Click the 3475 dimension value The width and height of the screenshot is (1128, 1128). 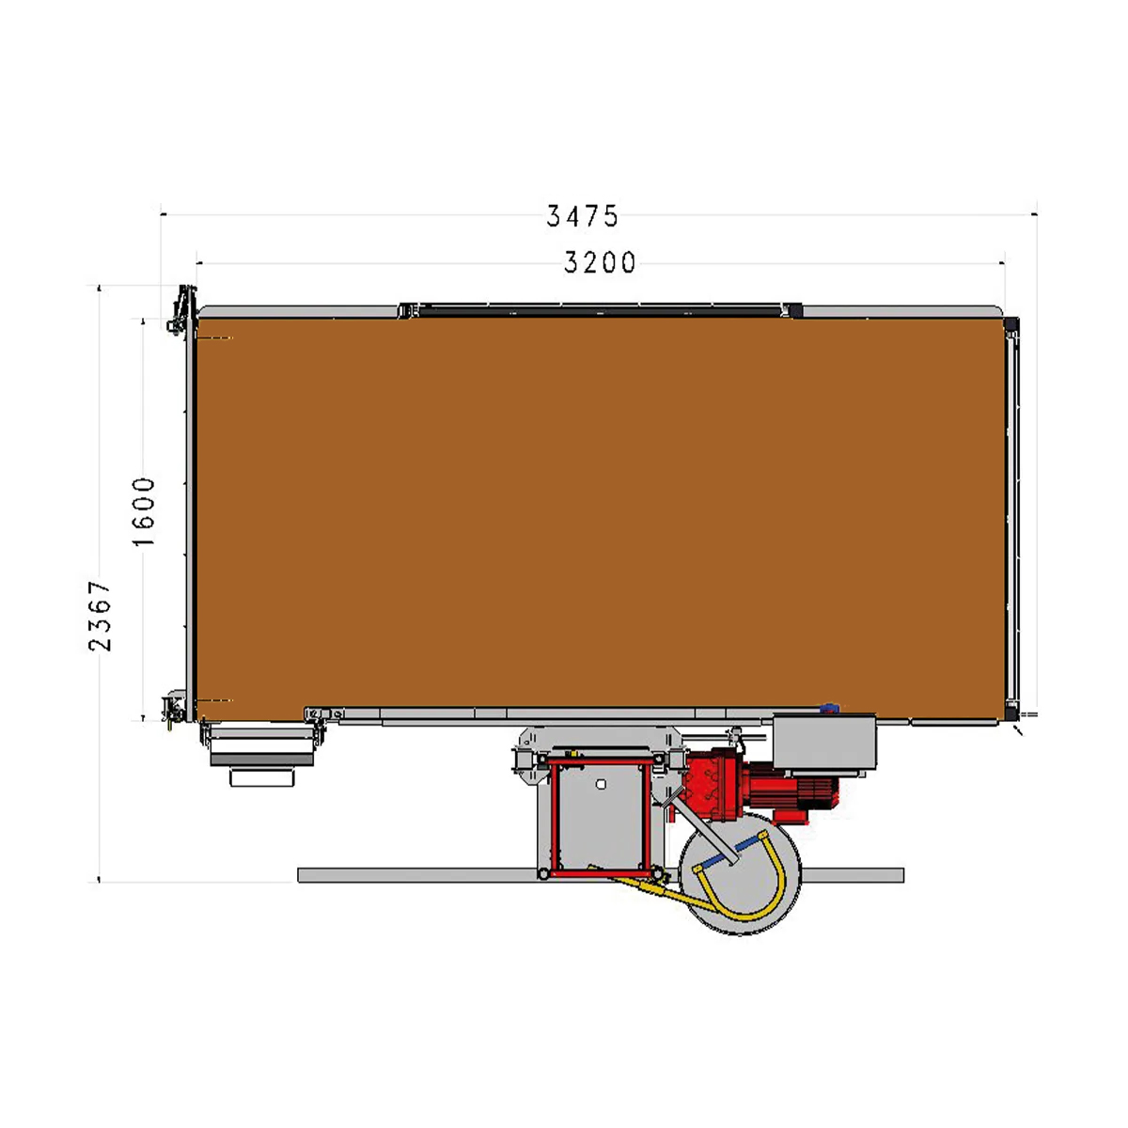[x=582, y=216]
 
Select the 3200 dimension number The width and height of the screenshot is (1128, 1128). [x=600, y=263]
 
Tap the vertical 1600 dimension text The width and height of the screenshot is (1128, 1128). [x=144, y=511]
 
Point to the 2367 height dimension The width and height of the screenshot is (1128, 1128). [x=100, y=616]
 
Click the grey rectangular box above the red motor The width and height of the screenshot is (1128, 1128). [x=824, y=743]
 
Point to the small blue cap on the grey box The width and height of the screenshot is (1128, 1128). [x=829, y=709]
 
